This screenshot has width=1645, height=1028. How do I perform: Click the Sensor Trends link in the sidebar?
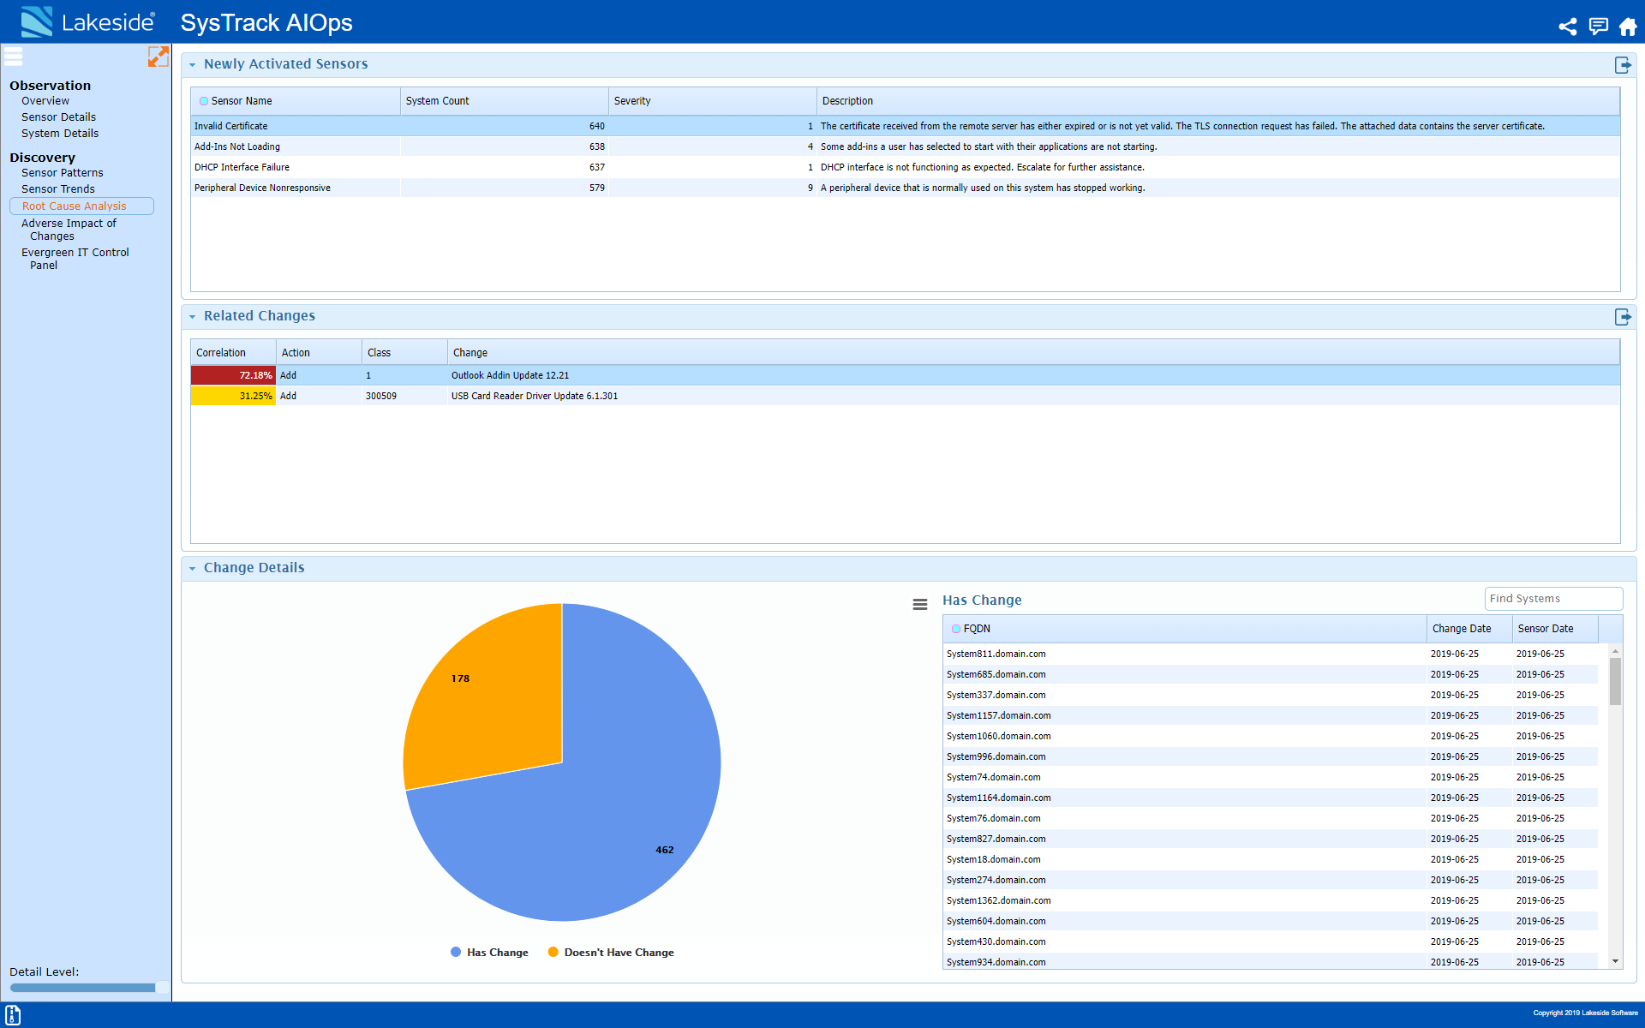pyautogui.click(x=58, y=189)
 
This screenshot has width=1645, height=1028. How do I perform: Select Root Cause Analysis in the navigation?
pyautogui.click(x=75, y=206)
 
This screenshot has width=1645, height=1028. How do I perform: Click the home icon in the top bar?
pyautogui.click(x=1628, y=27)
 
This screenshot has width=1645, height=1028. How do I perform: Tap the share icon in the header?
pyautogui.click(x=1567, y=27)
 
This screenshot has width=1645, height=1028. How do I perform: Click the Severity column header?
pyautogui.click(x=632, y=101)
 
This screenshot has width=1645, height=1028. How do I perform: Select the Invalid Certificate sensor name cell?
pyautogui.click(x=231, y=126)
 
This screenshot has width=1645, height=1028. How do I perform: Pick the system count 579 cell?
pyautogui.click(x=596, y=188)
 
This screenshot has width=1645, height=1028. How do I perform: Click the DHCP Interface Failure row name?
pyautogui.click(x=242, y=167)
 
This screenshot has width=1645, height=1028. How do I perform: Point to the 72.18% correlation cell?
pyautogui.click(x=234, y=375)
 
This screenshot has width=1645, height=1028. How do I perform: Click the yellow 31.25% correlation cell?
pyautogui.click(x=234, y=396)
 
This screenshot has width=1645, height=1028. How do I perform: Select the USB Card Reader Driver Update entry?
pyautogui.click(x=535, y=396)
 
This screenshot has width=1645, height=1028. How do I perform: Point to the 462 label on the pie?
pyautogui.click(x=664, y=850)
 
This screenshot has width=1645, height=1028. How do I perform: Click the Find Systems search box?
pyautogui.click(x=1552, y=599)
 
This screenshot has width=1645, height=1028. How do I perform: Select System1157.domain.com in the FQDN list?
pyautogui.click(x=999, y=715)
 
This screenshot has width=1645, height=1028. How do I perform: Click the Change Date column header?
pyautogui.click(x=1462, y=629)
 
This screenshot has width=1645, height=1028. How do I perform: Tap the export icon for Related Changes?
pyautogui.click(x=1622, y=317)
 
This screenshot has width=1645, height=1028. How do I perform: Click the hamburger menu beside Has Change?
pyautogui.click(x=920, y=604)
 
